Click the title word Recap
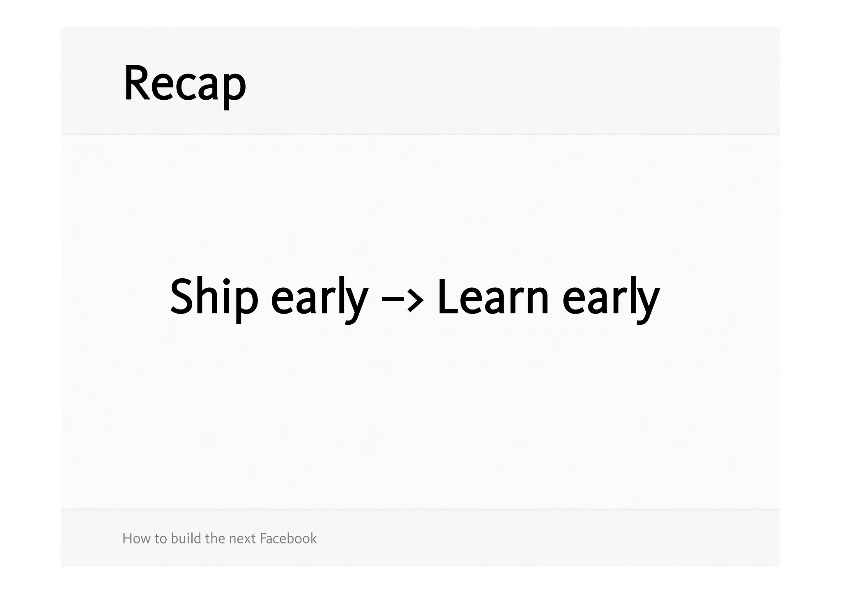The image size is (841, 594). coord(185,84)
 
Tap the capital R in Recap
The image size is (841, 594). coord(136,83)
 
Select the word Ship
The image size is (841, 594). coord(214,296)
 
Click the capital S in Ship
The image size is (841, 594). coord(182,296)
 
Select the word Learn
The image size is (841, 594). coord(493,296)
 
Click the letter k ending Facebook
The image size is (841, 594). coord(313,538)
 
